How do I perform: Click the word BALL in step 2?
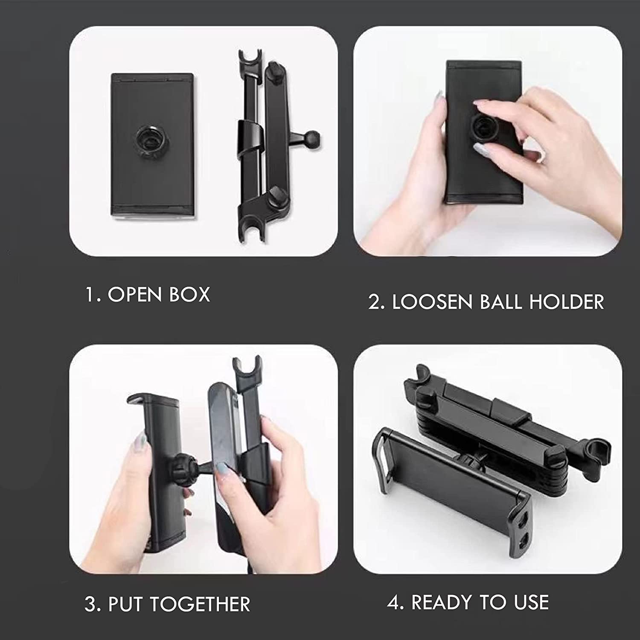(501, 302)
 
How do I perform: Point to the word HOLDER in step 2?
(567, 302)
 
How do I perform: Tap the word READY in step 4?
(442, 602)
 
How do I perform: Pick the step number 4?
(393, 602)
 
